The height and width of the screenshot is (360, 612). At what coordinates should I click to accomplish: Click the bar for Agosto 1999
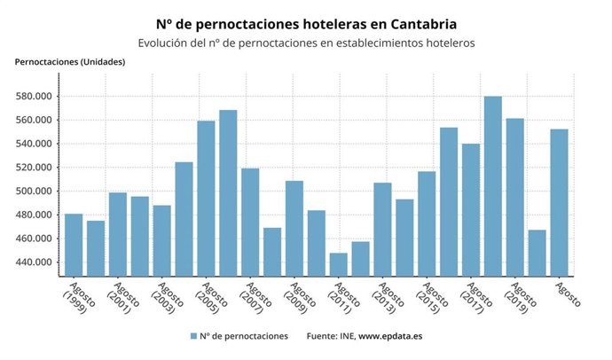(74, 245)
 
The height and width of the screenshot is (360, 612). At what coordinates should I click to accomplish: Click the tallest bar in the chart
(492, 186)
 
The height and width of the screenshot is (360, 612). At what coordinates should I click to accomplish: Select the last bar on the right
(559, 203)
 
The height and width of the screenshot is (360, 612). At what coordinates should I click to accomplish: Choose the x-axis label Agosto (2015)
(433, 300)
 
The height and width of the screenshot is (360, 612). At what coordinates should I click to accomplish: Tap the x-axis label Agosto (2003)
(168, 300)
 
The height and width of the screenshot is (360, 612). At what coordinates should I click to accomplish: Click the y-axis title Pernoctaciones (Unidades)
(70, 62)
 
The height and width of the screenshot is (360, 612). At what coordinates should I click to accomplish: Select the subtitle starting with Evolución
(306, 43)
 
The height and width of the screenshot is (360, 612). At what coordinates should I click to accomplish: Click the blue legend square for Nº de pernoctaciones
(193, 337)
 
